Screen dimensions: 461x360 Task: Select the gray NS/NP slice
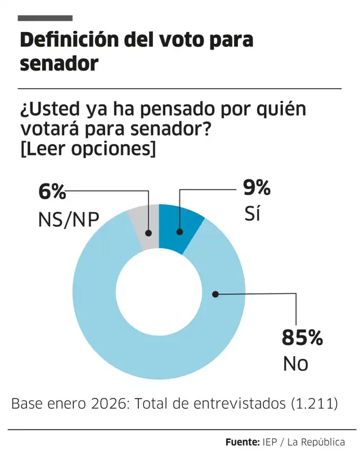click(143, 227)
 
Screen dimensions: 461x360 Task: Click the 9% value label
click(256, 187)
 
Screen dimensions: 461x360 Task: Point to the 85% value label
click(302, 338)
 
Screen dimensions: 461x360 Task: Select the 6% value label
click(52, 192)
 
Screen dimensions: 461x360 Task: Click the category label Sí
click(253, 214)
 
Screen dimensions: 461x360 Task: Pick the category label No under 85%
click(295, 364)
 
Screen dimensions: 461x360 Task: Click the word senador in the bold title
click(59, 64)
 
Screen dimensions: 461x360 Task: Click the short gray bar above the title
click(46, 19)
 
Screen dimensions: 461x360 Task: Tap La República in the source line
click(315, 442)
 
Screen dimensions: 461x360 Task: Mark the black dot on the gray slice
click(148, 232)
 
